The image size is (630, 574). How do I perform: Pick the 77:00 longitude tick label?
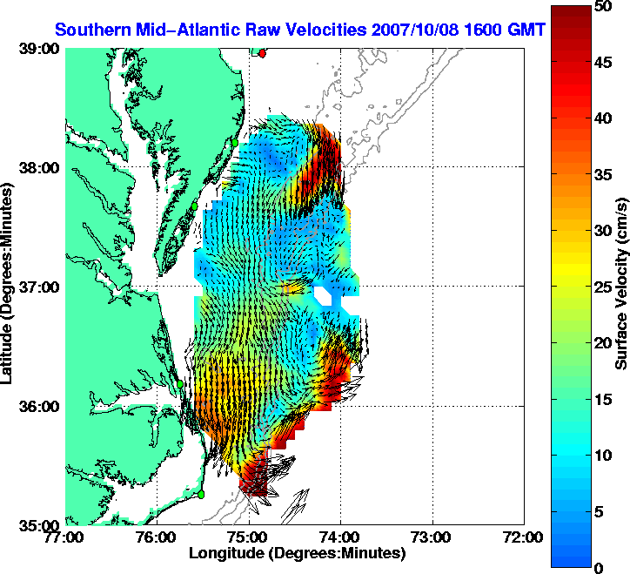pos(66,537)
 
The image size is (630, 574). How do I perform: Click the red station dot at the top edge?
pos(262,52)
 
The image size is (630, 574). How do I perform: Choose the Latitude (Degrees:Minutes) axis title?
pos(10,287)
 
